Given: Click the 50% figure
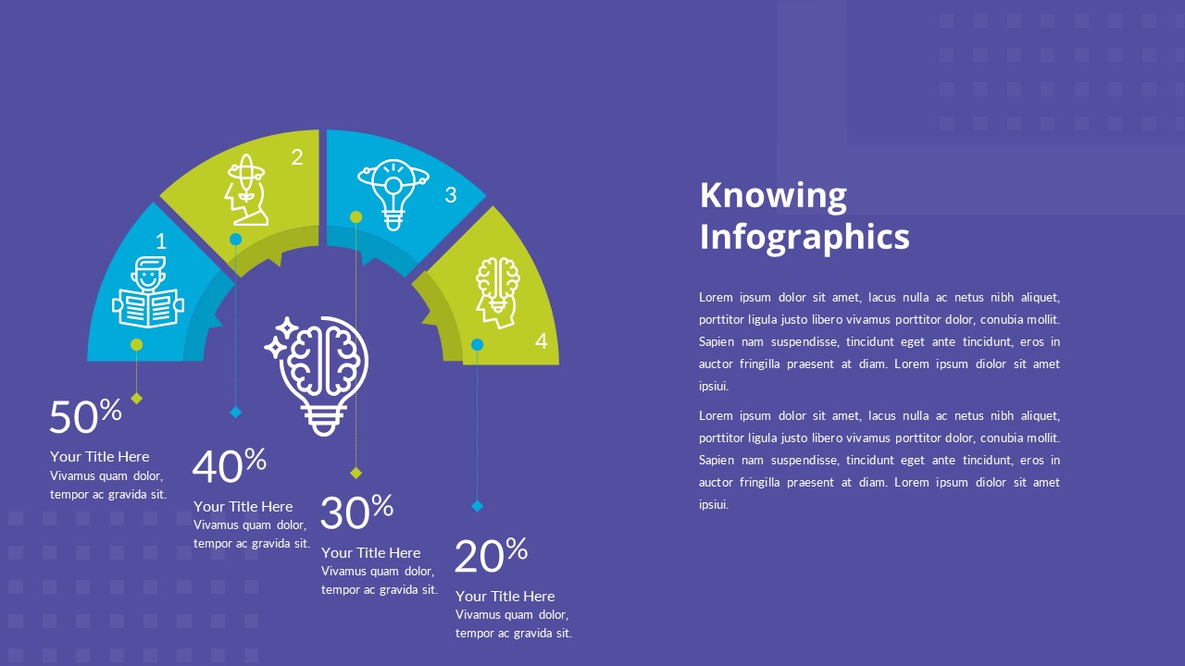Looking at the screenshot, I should tap(85, 417).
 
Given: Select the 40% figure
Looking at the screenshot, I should tap(229, 466).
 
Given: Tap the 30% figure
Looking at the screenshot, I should tap(356, 512).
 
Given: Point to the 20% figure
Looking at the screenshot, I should tap(491, 556).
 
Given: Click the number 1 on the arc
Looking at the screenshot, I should tap(161, 242).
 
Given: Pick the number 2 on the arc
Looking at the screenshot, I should tap(297, 158).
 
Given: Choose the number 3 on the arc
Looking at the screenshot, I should tap(451, 195).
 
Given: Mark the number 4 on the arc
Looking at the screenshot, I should tap(542, 341).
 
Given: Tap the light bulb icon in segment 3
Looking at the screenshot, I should tap(393, 193).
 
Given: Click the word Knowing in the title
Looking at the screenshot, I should tap(773, 196).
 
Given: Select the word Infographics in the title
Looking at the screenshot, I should tap(805, 237).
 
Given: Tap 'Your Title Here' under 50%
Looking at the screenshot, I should tap(99, 457).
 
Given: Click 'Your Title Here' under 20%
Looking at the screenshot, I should tap(505, 597).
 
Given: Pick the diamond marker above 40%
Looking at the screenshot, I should tap(235, 413).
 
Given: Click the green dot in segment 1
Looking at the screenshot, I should tap(137, 345).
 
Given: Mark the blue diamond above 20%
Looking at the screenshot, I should tap(478, 506).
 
